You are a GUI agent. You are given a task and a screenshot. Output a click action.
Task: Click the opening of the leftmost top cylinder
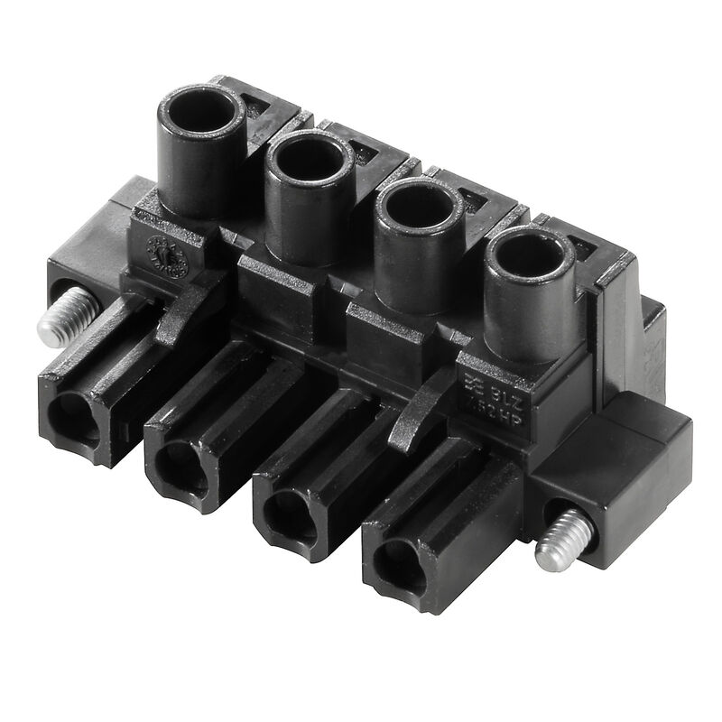[x=201, y=115]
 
